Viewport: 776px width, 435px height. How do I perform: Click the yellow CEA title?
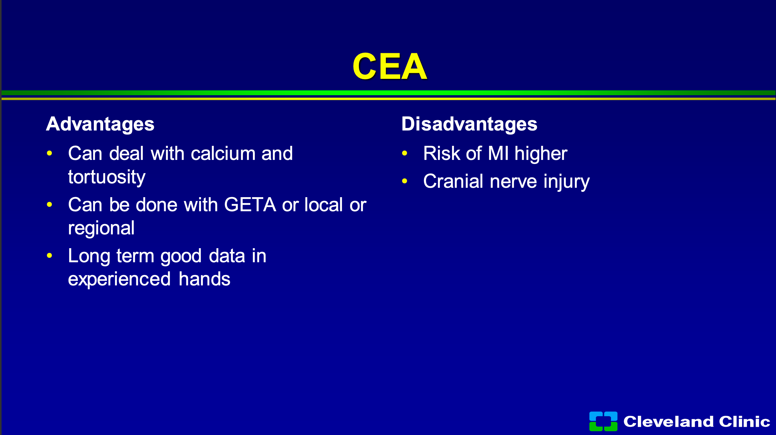(390, 66)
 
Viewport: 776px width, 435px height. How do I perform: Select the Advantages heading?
(100, 124)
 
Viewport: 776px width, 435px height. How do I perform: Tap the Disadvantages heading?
(469, 124)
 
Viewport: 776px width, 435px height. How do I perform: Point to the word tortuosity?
(107, 177)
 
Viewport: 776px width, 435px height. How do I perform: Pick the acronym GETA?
(250, 205)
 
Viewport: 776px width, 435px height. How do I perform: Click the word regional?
(101, 228)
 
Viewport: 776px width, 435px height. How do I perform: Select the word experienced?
(119, 279)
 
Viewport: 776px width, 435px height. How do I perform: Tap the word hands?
(204, 279)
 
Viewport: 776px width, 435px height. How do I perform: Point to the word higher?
(541, 154)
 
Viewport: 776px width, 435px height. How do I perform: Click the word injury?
(567, 182)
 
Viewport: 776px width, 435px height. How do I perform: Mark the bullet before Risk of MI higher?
(405, 153)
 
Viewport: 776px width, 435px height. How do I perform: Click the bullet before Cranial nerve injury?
(405, 181)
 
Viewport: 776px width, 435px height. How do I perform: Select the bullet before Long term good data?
(49, 256)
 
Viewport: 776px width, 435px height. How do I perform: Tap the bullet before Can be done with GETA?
(49, 205)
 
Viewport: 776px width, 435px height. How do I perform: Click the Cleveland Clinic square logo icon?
(603, 421)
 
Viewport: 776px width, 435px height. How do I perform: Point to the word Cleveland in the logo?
(668, 422)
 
